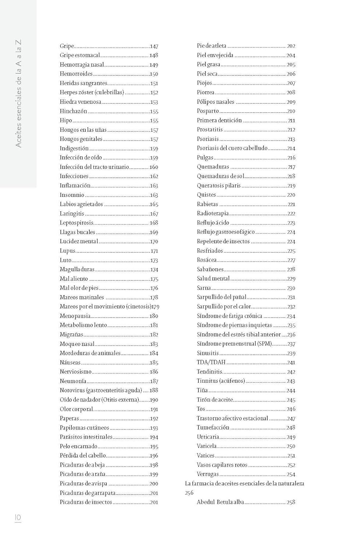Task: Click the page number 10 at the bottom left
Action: click(x=18, y=518)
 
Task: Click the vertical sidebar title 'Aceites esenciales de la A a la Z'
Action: click(x=18, y=94)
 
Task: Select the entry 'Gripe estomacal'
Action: click(x=80, y=55)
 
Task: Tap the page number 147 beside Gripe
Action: click(x=154, y=46)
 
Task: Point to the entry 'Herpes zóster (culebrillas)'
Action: click(x=92, y=92)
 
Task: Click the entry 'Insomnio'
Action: click(x=72, y=195)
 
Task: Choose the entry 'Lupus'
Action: click(x=67, y=251)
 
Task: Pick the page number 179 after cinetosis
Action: click(x=155, y=307)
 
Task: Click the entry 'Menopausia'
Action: click(x=75, y=316)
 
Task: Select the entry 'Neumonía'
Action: click(x=73, y=381)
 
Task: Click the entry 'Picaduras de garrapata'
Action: click(x=88, y=493)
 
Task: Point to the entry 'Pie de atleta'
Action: click(x=212, y=46)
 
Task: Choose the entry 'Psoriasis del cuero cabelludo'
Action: click(x=232, y=148)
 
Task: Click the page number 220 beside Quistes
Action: click(x=291, y=195)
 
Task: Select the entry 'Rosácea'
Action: click(x=207, y=260)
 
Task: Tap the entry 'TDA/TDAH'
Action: click(x=211, y=362)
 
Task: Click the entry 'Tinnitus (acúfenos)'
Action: click(x=220, y=381)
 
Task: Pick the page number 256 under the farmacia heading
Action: click(x=189, y=493)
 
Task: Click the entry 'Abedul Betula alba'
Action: click(x=220, y=502)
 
